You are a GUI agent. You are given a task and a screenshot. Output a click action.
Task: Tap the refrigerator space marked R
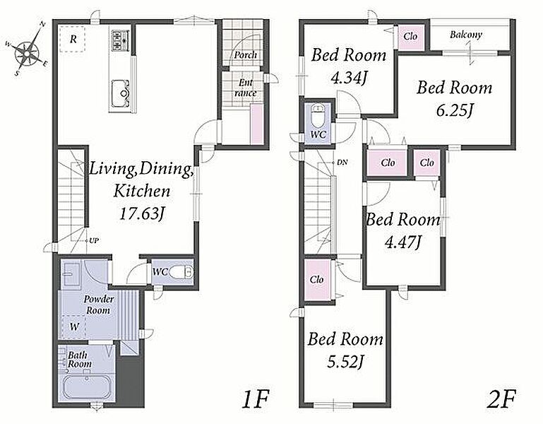point(73,39)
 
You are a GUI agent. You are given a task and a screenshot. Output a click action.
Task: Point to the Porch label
point(245,55)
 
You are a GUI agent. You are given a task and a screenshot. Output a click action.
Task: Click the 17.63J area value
point(141,214)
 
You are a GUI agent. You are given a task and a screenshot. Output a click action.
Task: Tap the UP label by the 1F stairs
point(94,240)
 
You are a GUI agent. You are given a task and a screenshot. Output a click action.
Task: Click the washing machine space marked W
point(74,326)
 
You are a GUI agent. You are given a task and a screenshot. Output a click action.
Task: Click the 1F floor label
point(255,400)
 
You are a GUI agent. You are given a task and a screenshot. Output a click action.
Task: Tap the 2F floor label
point(501,400)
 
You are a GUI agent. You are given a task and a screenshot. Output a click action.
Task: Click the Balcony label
point(466,35)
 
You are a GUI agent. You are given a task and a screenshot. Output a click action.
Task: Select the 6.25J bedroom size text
point(455,111)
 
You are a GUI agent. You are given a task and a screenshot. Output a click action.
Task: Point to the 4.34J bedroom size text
point(348,78)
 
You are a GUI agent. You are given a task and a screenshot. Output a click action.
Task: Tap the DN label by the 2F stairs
point(342,163)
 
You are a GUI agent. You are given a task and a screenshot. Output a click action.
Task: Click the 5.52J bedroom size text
point(345,362)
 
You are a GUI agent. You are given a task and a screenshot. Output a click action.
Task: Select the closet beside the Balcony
point(410,37)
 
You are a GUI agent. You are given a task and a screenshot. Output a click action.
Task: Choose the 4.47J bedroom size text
point(403,242)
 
